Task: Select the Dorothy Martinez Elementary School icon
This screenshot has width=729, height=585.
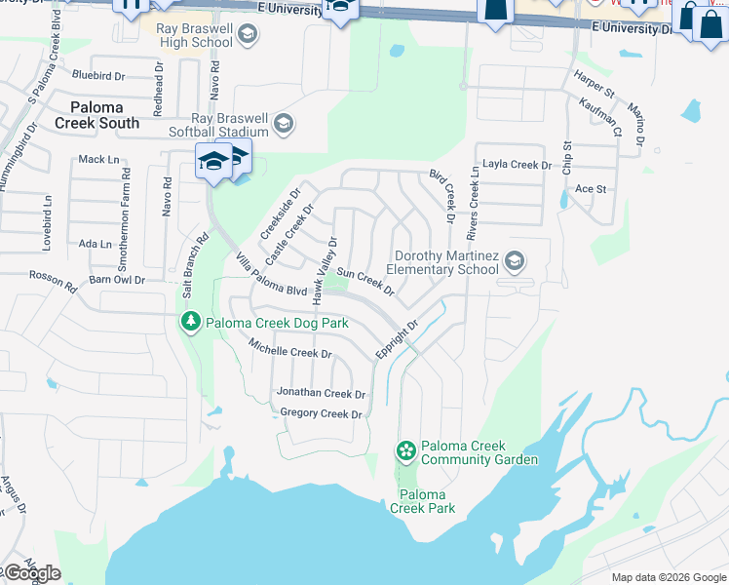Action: (x=515, y=260)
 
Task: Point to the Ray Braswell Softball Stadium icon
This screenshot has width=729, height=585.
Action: (x=283, y=123)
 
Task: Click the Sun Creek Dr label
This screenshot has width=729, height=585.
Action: (x=365, y=283)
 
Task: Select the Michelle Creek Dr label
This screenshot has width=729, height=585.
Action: (x=290, y=347)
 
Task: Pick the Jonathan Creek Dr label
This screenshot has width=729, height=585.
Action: (x=321, y=394)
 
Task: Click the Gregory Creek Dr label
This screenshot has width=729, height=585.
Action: (x=321, y=414)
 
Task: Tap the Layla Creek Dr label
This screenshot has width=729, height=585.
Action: (x=517, y=165)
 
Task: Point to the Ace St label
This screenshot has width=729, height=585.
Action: (x=591, y=188)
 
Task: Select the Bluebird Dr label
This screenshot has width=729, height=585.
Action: (x=98, y=74)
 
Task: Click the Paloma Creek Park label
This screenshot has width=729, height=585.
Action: (x=422, y=500)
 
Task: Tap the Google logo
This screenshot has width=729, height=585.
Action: (x=31, y=573)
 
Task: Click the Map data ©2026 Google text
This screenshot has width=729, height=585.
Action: (x=668, y=577)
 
